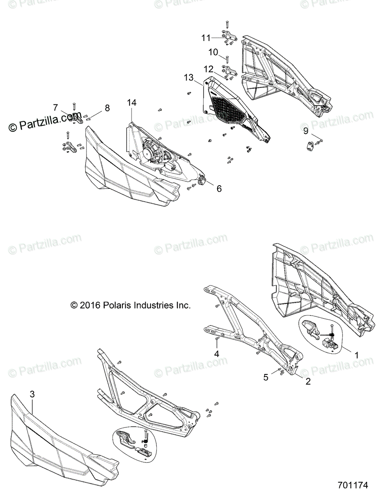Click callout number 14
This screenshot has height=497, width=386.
click(x=132, y=102)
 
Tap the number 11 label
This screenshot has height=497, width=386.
click(x=206, y=38)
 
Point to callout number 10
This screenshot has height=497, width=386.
click(x=213, y=52)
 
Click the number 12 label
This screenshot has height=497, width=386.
click(x=208, y=68)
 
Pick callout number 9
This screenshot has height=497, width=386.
click(x=306, y=131)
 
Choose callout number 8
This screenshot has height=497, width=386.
click(x=55, y=108)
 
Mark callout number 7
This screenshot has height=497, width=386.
click(x=107, y=108)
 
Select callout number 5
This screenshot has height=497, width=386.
click(x=266, y=377)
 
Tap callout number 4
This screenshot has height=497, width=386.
click(x=216, y=354)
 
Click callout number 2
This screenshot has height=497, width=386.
click(x=308, y=381)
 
